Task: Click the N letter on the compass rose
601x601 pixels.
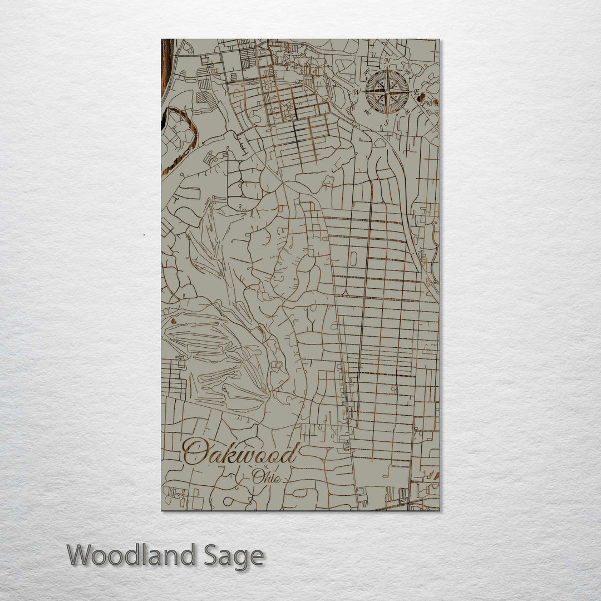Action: [x=387, y=61]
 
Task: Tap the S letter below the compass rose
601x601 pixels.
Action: [x=387, y=122]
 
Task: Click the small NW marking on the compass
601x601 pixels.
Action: [x=366, y=71]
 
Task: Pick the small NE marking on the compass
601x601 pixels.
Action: [x=408, y=71]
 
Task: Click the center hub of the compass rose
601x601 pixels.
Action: [x=387, y=91]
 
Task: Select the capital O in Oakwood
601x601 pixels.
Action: [x=195, y=452]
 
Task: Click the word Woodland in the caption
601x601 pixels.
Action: [x=131, y=556]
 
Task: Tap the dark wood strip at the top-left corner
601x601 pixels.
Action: [x=165, y=67]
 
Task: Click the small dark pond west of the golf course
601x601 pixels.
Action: [x=174, y=321]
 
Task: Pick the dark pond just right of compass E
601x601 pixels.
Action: [x=422, y=98]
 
